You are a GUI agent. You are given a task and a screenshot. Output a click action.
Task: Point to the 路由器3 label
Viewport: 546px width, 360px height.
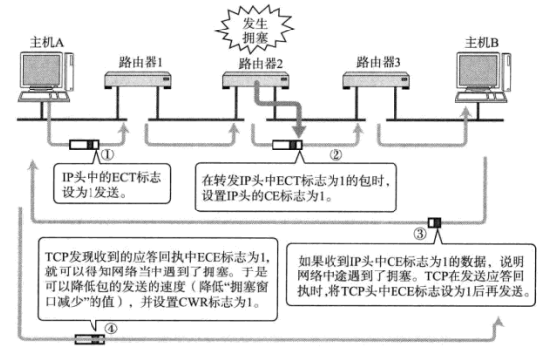[380, 61]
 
